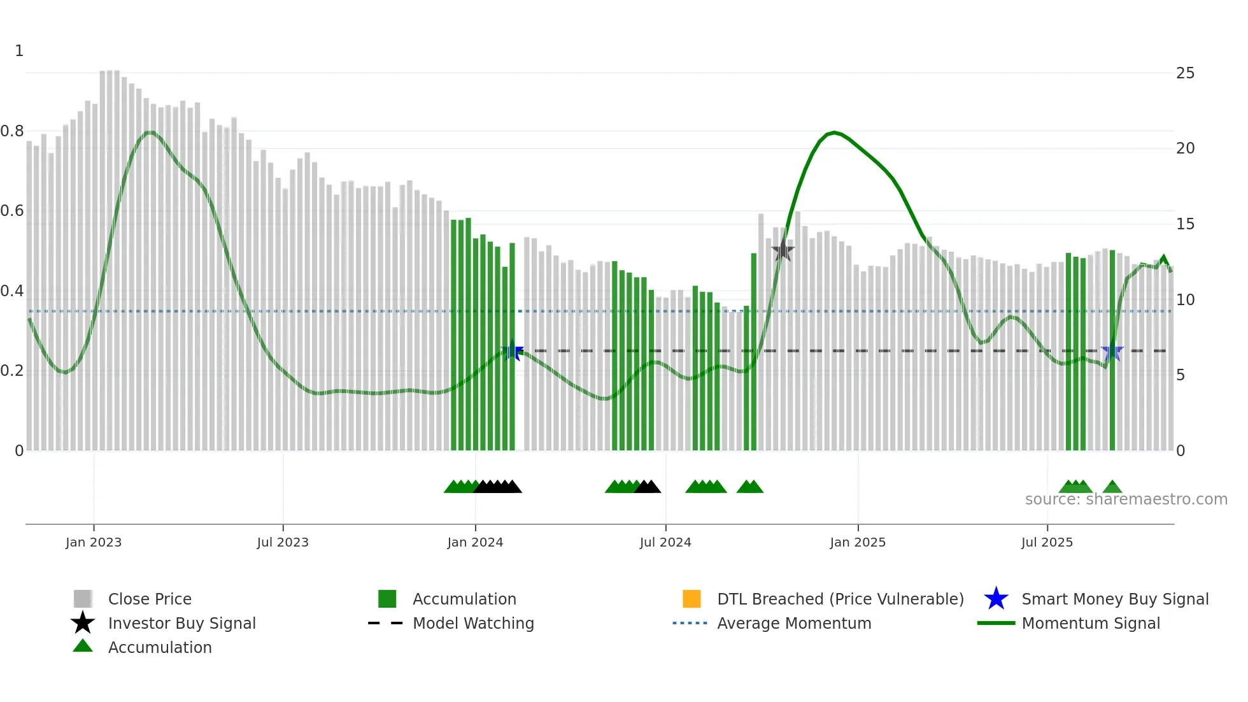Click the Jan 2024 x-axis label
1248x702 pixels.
coord(475,542)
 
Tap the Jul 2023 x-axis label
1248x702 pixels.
coord(283,542)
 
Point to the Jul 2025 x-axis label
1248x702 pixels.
coord(1047,542)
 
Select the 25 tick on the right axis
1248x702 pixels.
coord(1185,73)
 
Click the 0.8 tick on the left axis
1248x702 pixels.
coord(12,131)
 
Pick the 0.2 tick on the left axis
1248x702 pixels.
coord(12,371)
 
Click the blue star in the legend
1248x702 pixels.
coord(996,599)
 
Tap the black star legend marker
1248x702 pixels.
coord(83,623)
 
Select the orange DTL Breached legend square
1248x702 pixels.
coord(691,599)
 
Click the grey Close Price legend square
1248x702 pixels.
coord(83,599)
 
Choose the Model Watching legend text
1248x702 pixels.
coord(473,623)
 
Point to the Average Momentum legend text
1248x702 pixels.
coord(794,623)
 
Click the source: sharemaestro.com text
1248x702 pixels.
coord(1126,499)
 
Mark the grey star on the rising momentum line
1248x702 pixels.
coord(783,250)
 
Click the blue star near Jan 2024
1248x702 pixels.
coord(513,350)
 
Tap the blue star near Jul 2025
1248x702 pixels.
coord(1112,351)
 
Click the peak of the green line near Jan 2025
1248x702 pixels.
coord(833,133)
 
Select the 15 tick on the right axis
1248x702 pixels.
coord(1185,224)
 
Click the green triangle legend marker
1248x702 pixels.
coord(83,646)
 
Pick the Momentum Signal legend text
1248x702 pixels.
coord(1091,623)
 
